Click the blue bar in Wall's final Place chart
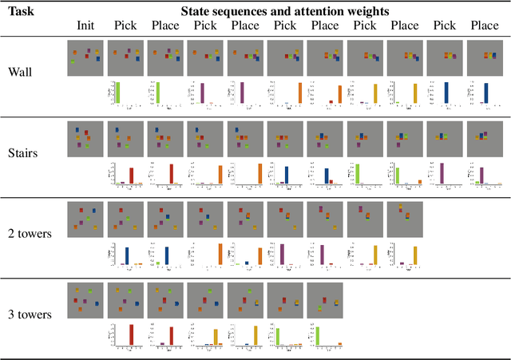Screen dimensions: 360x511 485,93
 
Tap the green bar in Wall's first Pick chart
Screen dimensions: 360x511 117,93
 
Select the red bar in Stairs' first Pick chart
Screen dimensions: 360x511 131,176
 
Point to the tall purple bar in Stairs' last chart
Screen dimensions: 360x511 477,173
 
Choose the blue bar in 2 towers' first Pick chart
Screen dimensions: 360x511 126,255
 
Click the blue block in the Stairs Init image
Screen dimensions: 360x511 77,129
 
